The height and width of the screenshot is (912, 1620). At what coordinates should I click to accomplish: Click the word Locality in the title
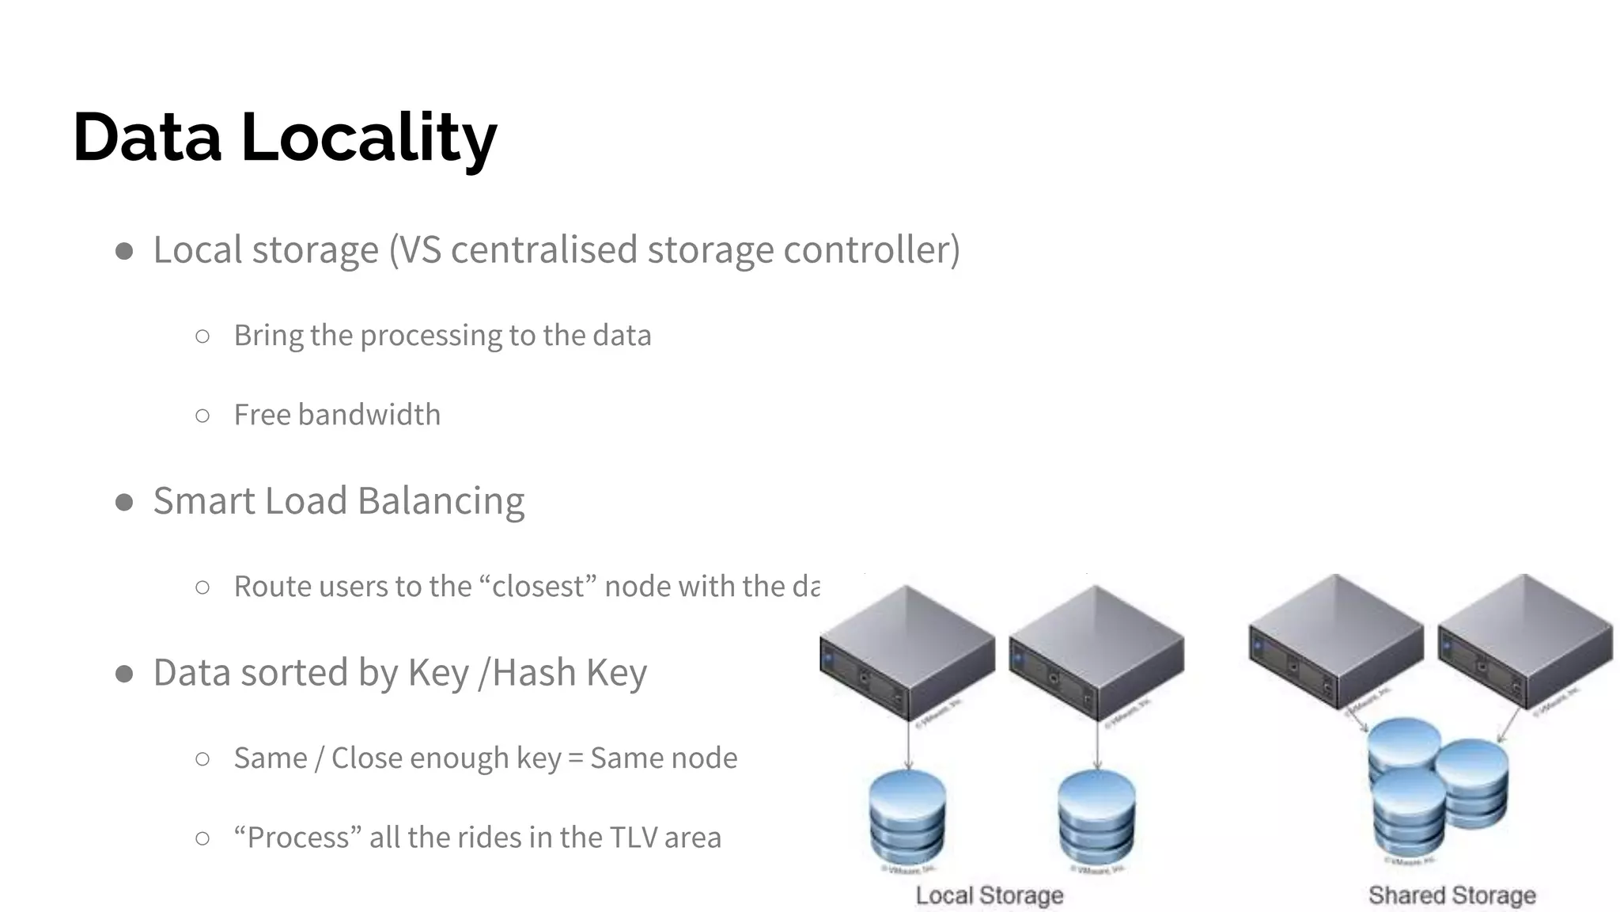[x=369, y=138]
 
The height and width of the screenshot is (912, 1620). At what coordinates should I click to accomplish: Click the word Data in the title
[x=147, y=138]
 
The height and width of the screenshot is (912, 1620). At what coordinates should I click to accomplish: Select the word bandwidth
[x=369, y=415]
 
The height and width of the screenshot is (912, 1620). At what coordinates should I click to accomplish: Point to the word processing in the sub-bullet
[x=431, y=336]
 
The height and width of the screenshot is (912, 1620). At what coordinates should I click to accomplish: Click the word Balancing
[x=441, y=501]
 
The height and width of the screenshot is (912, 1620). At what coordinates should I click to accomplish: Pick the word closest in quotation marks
[x=538, y=587]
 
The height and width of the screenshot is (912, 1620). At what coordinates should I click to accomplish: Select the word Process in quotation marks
[x=297, y=838]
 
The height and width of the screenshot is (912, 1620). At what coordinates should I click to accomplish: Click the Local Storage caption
[x=989, y=895]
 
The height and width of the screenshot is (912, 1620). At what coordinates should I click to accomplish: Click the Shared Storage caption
[x=1452, y=895]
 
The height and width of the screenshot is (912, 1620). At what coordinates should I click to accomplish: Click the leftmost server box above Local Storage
[x=907, y=652]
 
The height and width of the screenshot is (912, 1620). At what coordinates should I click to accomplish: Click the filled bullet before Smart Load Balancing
[x=124, y=502]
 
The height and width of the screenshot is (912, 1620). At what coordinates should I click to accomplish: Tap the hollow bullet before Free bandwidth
[x=202, y=416]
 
